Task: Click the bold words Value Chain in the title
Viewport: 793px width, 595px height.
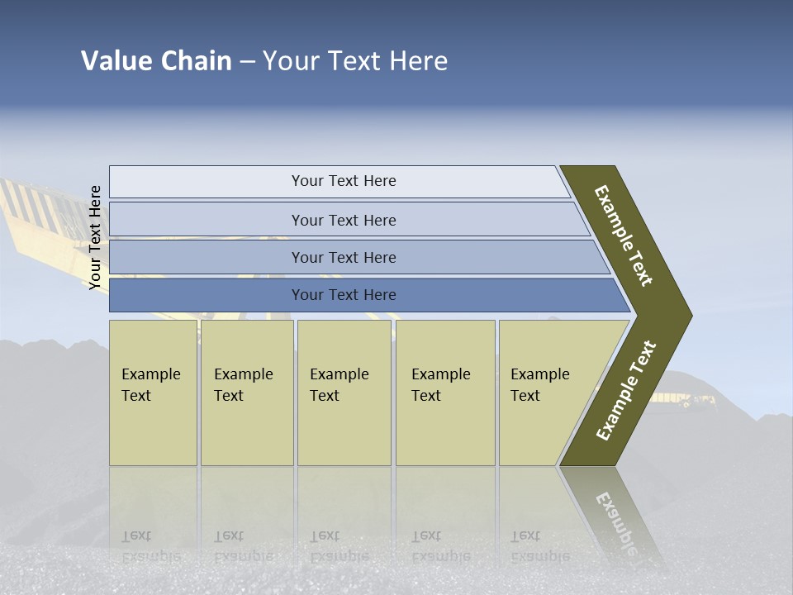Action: [156, 61]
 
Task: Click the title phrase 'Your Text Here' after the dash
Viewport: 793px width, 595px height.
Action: [355, 61]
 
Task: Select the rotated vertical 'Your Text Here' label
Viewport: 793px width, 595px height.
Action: [95, 237]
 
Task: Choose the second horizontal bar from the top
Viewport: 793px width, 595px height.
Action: [344, 220]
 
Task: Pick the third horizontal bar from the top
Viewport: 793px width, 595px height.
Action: [344, 257]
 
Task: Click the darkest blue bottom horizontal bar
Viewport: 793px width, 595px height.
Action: [344, 295]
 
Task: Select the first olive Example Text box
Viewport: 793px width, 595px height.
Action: [153, 393]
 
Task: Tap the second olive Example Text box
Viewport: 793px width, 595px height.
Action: [247, 393]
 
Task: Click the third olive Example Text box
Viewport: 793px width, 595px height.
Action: [344, 393]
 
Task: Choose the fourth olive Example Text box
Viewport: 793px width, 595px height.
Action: [445, 393]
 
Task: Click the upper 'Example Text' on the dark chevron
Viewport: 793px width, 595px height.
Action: [624, 236]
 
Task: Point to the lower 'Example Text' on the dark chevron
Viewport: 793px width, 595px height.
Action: [626, 391]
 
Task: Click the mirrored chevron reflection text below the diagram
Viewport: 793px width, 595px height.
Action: [615, 521]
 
